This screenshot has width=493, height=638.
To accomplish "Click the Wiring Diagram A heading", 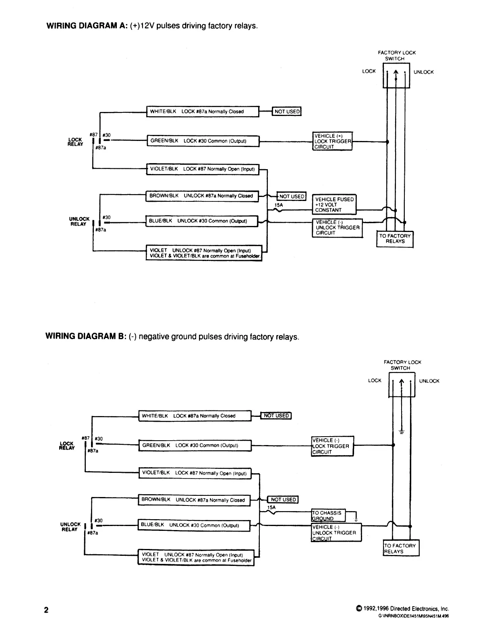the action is pos(152,26).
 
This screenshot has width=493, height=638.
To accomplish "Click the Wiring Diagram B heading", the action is pos(172,336).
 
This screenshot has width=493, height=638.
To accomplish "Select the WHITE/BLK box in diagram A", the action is pos(203,112).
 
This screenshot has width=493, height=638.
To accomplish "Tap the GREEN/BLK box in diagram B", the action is pos(195,445).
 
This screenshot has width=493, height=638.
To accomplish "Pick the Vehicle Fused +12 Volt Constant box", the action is pos(334,205).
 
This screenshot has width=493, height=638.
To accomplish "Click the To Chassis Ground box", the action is pos(328,515).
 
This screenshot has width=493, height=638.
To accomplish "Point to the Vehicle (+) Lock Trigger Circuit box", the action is pos(332,141).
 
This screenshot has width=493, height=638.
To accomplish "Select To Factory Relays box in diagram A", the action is pos(395,239).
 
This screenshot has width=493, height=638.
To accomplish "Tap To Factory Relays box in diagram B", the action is pos(401,548).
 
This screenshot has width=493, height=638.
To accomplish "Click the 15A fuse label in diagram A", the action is pos(279,205).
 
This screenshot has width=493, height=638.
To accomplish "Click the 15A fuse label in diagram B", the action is pos(271,507).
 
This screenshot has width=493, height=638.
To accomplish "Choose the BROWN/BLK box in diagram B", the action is pos(195,500).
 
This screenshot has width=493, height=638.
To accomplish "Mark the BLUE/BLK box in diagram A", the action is pos(202,221).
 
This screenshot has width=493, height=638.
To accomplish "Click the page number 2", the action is pos(46,610).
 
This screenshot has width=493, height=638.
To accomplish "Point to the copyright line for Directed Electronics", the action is pos(402,609).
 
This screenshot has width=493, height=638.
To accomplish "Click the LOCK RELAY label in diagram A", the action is pos(75,142).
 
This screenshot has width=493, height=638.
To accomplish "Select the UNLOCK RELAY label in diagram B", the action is pos(70,527).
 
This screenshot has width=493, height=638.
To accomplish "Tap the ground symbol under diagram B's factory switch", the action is pos(402,432).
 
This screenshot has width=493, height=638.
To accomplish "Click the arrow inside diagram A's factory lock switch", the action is pos(396,75).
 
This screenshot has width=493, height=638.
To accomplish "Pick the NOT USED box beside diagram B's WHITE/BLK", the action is pos(276,415).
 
